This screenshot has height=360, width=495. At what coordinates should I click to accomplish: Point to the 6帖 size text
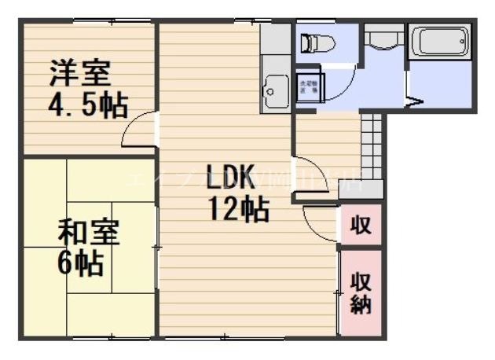(79, 263)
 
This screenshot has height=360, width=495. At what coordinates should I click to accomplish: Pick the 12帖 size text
(239, 209)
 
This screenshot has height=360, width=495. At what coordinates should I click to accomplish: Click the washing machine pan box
(308, 87)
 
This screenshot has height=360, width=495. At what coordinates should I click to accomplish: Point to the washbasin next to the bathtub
(383, 39)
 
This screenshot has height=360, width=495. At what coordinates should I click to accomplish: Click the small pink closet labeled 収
(361, 226)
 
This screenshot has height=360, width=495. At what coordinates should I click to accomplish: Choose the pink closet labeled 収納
(361, 292)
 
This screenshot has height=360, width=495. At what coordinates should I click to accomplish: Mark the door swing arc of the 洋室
(140, 130)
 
